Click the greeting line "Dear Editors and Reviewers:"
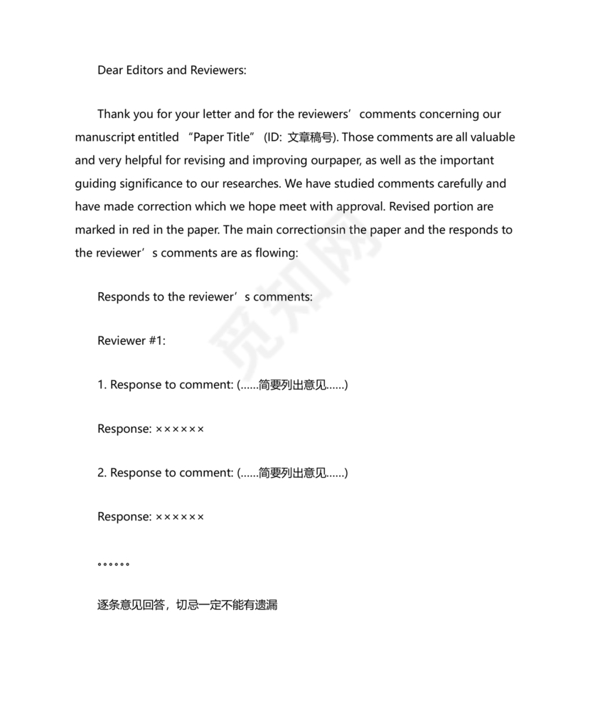(171, 70)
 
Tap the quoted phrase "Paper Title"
(222, 137)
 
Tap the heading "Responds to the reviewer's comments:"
(205, 297)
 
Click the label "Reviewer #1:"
(132, 341)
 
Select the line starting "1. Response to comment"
(222, 385)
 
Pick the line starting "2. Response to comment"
(222, 473)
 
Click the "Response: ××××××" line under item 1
(151, 429)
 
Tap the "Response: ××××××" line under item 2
(151, 517)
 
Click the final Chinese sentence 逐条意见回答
(187, 605)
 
